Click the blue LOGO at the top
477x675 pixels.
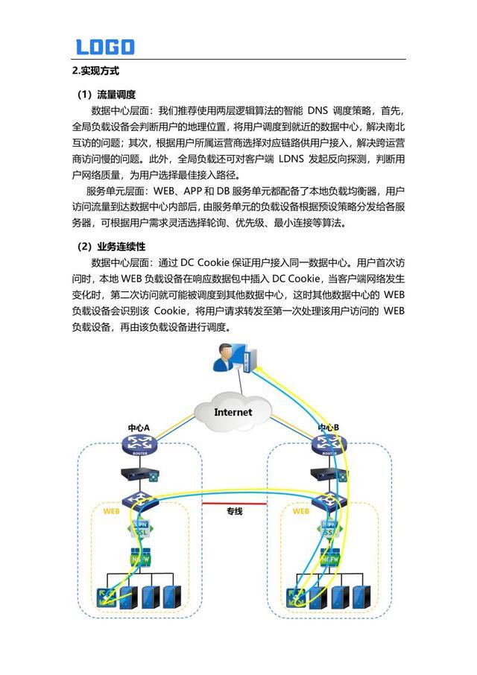tap(105, 47)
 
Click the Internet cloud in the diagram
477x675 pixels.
tap(233, 411)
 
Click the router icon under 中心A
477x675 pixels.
tap(139, 446)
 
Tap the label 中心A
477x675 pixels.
tap(139, 428)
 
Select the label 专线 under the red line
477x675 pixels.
tap(235, 512)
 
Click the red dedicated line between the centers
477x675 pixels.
tap(235, 504)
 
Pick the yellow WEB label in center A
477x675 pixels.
tap(111, 512)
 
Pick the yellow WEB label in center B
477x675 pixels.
tap(301, 512)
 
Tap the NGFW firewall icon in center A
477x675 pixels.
tap(140, 559)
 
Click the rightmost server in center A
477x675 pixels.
tap(173, 596)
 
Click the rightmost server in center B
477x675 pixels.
tap(362, 596)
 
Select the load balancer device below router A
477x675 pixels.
tap(139, 474)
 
